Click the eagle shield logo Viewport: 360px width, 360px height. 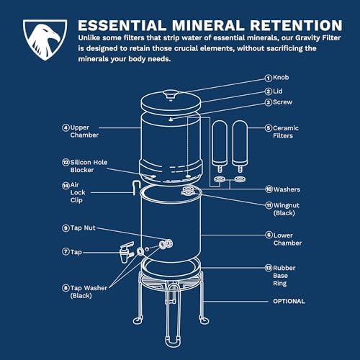[x=45, y=40]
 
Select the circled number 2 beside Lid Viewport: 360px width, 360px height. [x=269, y=91]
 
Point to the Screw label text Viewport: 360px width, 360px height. [x=282, y=102]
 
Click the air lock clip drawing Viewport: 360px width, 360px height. [x=136, y=188]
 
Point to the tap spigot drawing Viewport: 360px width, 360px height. [x=127, y=252]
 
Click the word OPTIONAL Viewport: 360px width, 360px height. [x=289, y=301]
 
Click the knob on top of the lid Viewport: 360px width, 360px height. [x=171, y=94]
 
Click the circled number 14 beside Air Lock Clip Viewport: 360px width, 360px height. [x=66, y=186]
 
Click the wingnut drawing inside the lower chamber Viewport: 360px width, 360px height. [x=189, y=191]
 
